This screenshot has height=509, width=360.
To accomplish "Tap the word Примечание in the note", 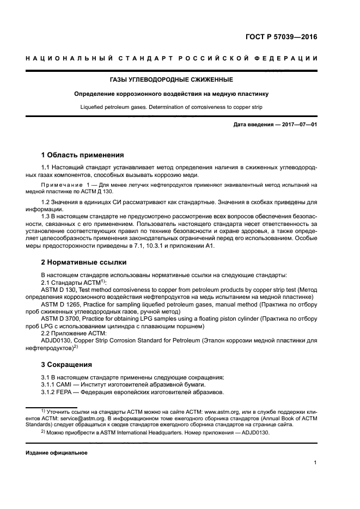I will point(64,186).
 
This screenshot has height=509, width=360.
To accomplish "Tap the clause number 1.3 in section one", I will point(46,216).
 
